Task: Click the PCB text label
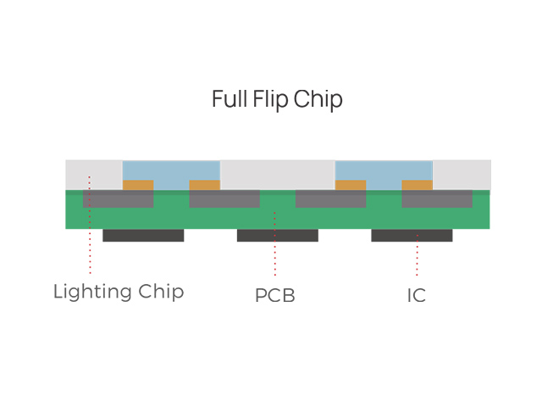coord(274,297)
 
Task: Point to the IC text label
coord(416,296)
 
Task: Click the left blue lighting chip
coord(171,170)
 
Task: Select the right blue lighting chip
coord(384,170)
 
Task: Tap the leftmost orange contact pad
coord(138,185)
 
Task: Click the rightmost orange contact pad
coord(417,185)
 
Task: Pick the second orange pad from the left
coord(204,185)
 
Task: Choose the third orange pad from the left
coord(351,185)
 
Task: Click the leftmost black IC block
coord(143,235)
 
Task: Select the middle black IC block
coord(277,235)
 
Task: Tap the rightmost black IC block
coord(412,235)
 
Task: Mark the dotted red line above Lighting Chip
coord(90,229)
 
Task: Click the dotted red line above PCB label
coord(274,246)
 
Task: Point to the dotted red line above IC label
coord(417,254)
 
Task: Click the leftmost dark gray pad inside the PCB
coord(118,199)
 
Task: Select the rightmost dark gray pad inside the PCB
coord(437,199)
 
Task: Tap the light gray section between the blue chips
coord(277,175)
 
